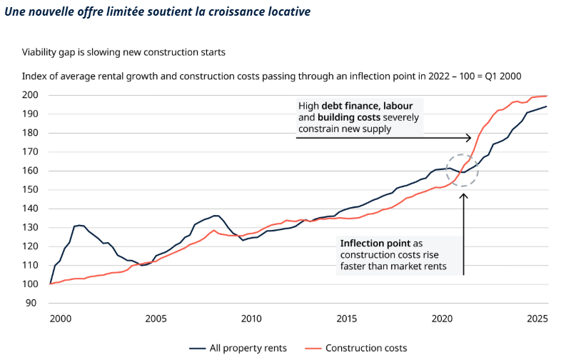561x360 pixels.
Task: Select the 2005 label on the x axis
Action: (x=156, y=318)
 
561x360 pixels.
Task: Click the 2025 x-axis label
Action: (x=537, y=318)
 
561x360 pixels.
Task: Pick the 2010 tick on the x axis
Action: (x=251, y=318)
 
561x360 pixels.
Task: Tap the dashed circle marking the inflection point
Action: (x=463, y=171)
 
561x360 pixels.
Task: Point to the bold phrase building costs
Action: (x=350, y=117)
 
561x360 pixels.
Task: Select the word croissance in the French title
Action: (x=211, y=12)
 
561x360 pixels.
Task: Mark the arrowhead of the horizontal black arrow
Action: (x=468, y=138)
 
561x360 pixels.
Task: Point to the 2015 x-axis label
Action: (x=347, y=318)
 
